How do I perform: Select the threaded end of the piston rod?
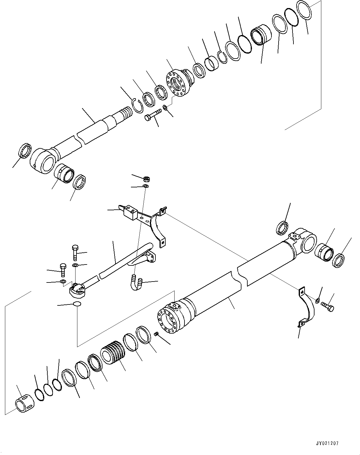[x=126, y=112]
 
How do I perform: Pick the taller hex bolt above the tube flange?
[x=75, y=252]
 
